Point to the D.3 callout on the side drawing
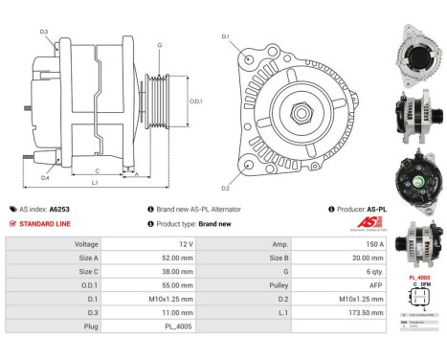pyautogui.click(x=44, y=32)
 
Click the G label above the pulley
pyautogui.click(x=160, y=45)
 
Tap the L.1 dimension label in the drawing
pyautogui.click(x=94, y=182)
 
